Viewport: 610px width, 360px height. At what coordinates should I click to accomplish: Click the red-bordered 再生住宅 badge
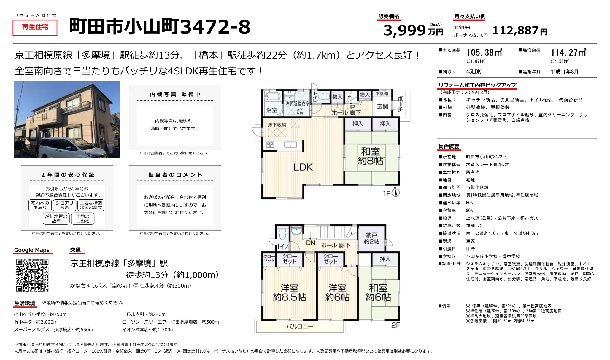[x=35, y=27]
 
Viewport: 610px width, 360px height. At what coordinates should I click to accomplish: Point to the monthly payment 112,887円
[x=520, y=31]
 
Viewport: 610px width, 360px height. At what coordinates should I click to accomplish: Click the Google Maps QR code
[x=32, y=275]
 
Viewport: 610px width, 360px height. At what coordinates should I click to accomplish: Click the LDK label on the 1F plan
[x=303, y=167]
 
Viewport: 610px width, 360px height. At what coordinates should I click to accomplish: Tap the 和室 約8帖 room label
[x=370, y=156]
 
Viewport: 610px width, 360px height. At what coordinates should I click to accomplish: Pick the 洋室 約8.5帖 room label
[x=289, y=292]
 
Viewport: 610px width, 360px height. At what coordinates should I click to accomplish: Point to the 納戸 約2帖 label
[x=371, y=238]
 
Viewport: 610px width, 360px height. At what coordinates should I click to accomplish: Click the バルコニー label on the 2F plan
[x=300, y=326]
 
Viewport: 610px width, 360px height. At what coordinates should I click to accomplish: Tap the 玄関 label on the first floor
[x=382, y=106]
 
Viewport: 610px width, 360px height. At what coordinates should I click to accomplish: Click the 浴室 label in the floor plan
[x=271, y=110]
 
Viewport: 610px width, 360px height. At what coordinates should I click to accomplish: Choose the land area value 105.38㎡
[x=484, y=53]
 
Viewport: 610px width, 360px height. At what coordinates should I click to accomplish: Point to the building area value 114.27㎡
[x=568, y=53]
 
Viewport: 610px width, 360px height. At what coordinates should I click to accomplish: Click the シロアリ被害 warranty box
[x=64, y=205]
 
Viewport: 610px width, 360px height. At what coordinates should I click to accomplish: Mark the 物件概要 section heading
[x=449, y=147]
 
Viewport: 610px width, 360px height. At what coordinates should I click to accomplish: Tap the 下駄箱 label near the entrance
[x=382, y=94]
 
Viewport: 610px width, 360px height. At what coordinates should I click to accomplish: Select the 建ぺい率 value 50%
[x=469, y=203]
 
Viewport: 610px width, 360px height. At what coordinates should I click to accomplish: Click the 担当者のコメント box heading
[x=175, y=175]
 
